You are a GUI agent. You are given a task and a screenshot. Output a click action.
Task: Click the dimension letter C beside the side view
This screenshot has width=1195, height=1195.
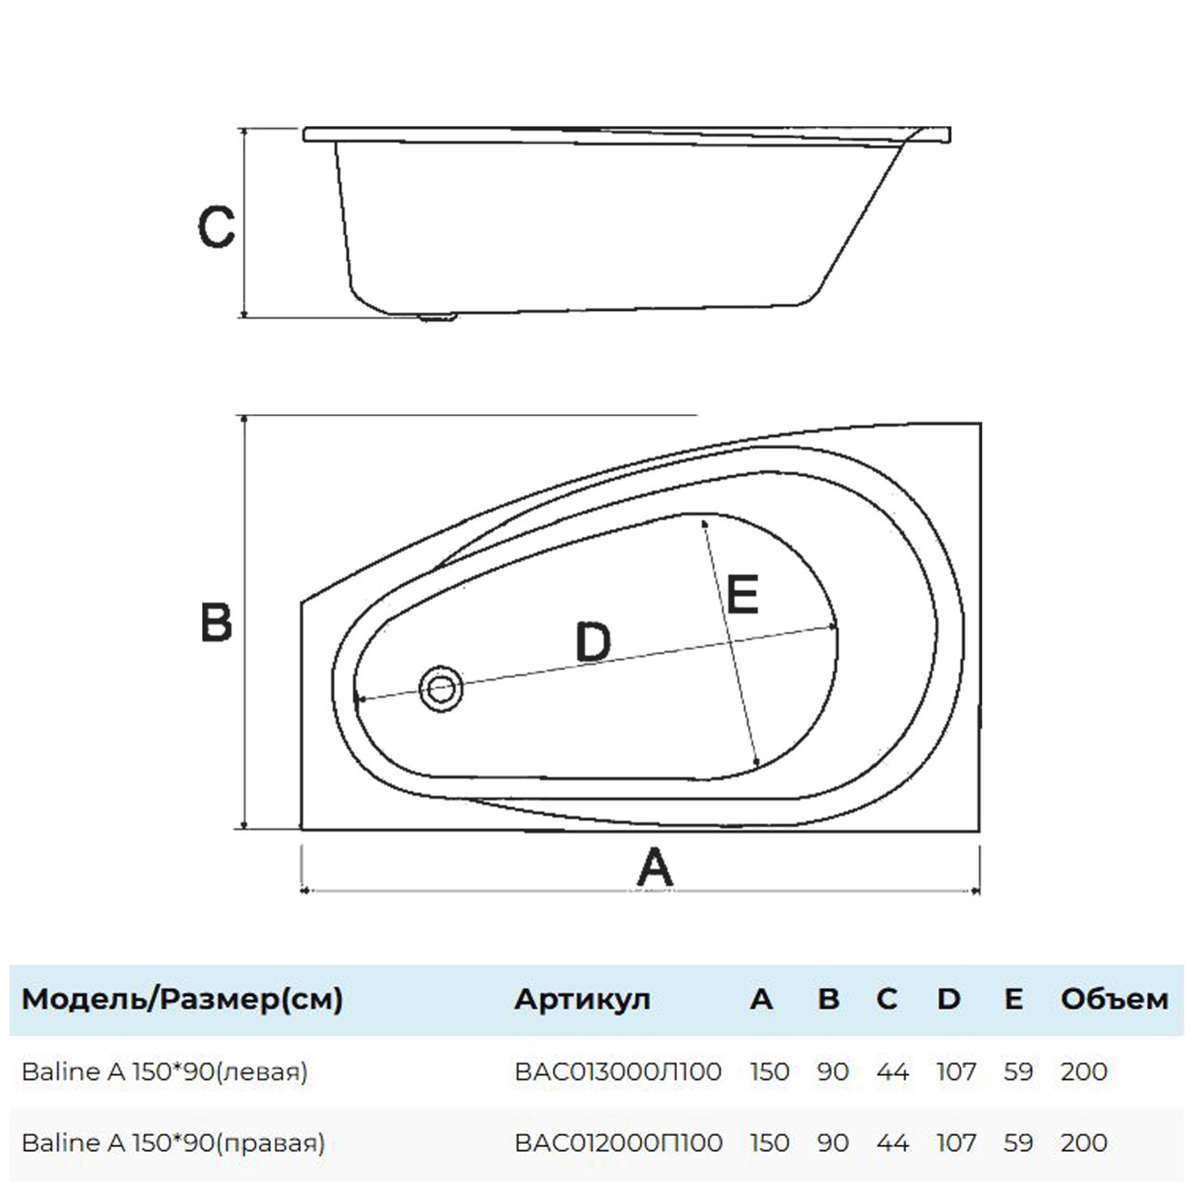[216, 226]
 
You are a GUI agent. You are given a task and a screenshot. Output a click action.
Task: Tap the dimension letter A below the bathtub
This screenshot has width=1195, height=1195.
[655, 868]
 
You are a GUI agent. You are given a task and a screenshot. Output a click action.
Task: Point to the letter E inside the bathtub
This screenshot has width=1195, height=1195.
[742, 594]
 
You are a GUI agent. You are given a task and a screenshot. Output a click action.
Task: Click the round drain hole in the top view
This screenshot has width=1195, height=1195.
[441, 688]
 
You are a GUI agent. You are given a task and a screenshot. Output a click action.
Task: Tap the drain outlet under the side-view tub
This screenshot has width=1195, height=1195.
[437, 317]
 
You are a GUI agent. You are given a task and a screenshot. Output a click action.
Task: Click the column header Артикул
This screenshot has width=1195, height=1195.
[582, 999]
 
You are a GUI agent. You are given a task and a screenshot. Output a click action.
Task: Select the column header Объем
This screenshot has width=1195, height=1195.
[1115, 999]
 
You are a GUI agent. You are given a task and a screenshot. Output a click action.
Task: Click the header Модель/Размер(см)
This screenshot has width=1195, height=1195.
[182, 999]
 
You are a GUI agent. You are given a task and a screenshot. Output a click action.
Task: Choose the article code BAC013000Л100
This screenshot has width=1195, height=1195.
[618, 1072]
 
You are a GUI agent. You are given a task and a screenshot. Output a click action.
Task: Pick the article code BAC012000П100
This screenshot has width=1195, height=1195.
[619, 1142]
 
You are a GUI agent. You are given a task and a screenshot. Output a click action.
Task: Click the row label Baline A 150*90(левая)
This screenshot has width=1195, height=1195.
[165, 1072]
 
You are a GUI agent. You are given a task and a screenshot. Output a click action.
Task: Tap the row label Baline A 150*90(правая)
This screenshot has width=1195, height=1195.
[174, 1142]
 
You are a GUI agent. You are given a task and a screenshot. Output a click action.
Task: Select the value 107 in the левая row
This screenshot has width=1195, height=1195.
[956, 1072]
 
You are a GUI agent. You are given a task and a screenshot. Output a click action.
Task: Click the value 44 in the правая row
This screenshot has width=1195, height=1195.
[892, 1142]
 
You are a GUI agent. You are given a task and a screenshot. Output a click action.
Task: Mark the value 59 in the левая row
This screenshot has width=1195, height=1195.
[1018, 1072]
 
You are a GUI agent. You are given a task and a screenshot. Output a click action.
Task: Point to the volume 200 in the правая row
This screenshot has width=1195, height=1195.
[1083, 1142]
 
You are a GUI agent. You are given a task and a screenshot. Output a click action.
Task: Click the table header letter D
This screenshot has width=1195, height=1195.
[949, 999]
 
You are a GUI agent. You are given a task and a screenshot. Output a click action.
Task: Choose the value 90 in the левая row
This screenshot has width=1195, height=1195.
[833, 1072]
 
